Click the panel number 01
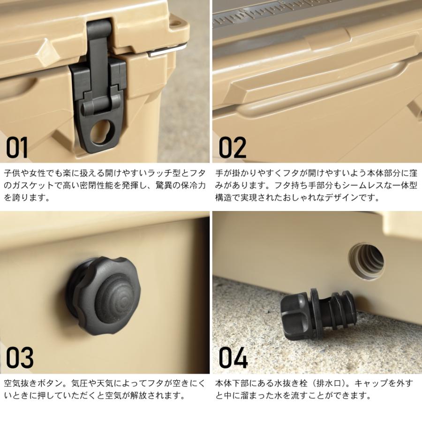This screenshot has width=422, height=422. point(17,147)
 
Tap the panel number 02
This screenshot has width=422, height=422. point(233,147)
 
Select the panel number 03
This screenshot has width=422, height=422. point(20,358)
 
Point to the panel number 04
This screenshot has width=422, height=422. point(233,358)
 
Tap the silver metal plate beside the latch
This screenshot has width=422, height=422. point(167,50)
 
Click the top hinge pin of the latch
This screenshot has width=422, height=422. point(99,30)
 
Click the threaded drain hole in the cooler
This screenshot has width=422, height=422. point(367,261)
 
